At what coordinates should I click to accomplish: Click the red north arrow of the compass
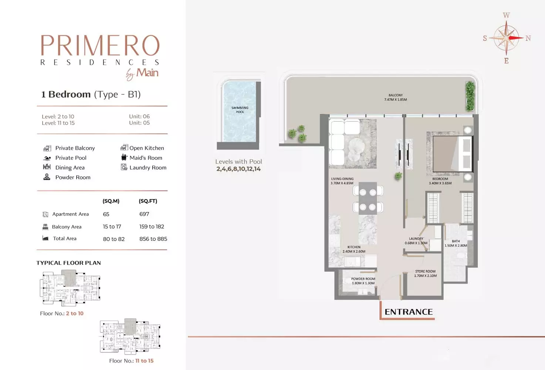click(515, 38)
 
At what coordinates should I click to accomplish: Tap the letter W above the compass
click(506, 15)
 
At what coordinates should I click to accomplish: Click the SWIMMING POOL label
click(240, 110)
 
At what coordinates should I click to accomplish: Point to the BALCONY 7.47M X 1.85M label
click(396, 97)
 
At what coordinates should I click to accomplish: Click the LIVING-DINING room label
click(342, 181)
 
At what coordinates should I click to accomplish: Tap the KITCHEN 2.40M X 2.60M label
click(354, 249)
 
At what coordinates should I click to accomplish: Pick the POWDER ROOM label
click(363, 281)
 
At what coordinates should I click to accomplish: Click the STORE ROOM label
click(425, 273)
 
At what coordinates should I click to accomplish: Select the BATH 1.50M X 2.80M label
click(456, 243)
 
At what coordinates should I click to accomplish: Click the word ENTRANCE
click(409, 312)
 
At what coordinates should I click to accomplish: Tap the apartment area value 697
click(144, 214)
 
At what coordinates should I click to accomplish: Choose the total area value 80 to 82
click(114, 239)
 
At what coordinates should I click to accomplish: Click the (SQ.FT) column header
click(148, 201)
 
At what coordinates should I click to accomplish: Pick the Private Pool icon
click(47, 158)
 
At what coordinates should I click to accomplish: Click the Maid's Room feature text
click(146, 158)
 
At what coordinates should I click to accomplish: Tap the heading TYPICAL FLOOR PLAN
click(69, 263)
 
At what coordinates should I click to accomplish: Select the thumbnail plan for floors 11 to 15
click(130, 336)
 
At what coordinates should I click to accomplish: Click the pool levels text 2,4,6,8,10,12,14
click(238, 169)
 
